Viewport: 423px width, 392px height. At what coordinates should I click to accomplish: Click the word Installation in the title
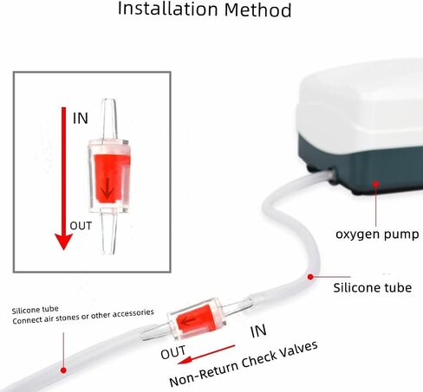167,9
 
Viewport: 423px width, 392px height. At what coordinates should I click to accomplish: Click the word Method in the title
257,10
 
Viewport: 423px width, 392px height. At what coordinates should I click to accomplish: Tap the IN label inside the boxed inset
81,119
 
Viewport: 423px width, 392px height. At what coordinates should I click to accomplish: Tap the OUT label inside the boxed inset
81,226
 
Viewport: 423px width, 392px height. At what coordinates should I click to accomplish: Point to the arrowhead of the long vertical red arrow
63,241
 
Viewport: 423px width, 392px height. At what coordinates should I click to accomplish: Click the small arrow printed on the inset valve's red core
107,188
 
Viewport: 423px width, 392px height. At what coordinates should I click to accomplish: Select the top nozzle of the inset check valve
109,120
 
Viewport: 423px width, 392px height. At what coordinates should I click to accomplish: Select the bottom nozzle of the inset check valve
108,234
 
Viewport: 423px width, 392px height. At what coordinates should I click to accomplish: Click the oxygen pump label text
377,234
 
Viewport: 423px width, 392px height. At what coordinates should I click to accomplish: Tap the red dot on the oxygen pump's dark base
375,183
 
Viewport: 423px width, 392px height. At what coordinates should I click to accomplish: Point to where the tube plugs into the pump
332,173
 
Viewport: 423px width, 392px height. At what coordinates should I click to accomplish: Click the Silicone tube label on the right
373,287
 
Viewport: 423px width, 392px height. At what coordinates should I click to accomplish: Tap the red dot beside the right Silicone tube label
310,277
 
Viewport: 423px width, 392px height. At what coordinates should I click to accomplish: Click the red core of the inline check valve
195,320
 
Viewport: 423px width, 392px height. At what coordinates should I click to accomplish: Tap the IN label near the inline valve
258,331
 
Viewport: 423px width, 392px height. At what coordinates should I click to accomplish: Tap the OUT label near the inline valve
173,352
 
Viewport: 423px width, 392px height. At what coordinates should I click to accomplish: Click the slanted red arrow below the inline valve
206,354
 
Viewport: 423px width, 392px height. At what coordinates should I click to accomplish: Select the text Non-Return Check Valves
244,364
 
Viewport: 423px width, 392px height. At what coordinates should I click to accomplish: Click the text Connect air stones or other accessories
83,317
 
